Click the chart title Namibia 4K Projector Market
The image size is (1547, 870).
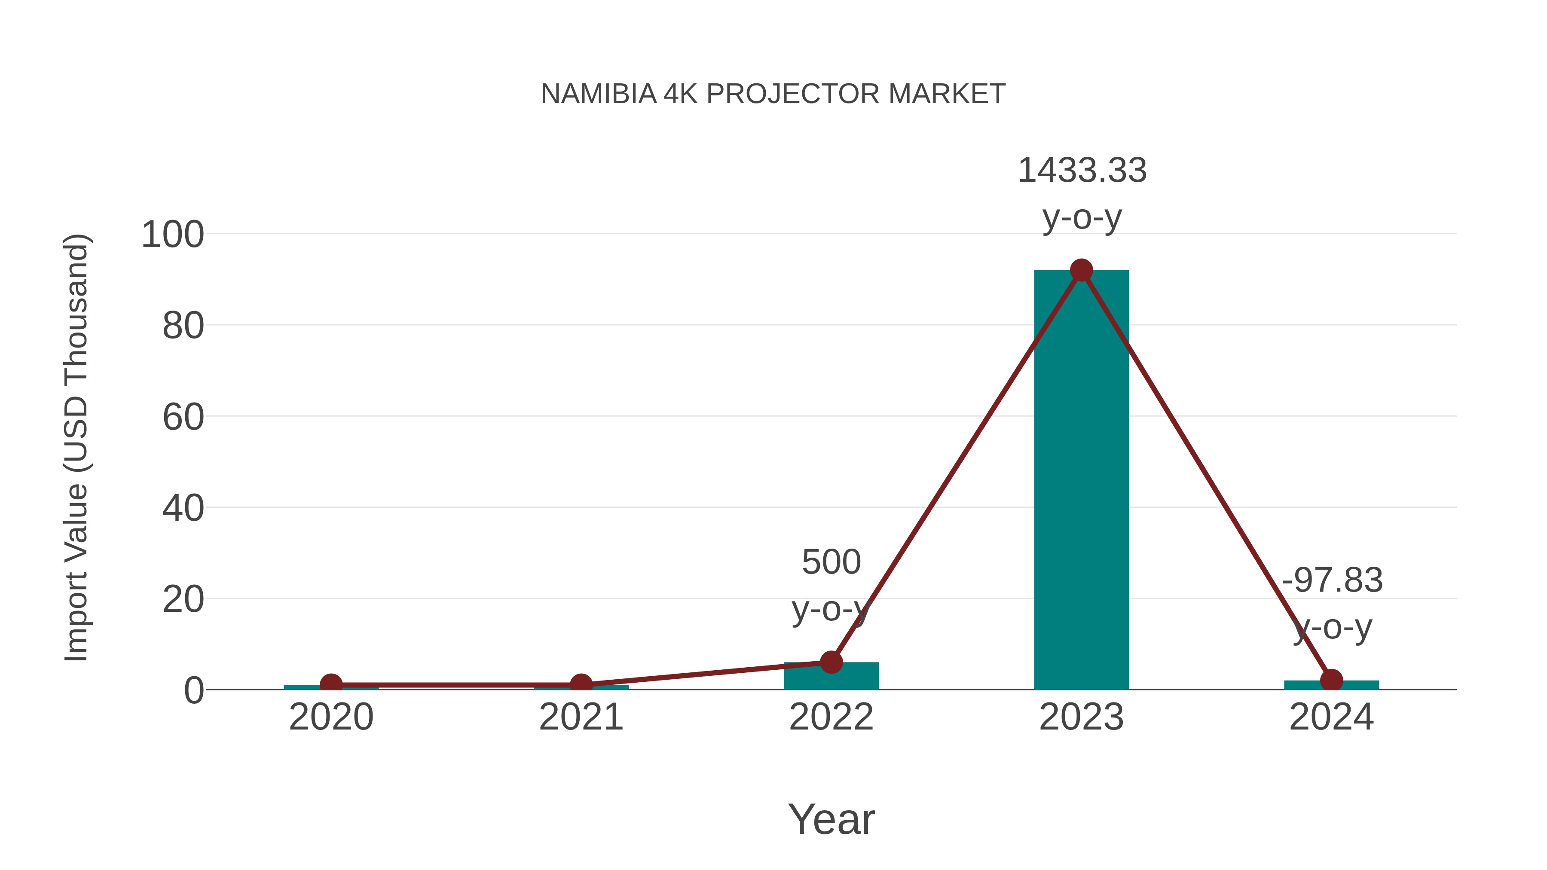tap(773, 94)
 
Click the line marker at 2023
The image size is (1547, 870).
tap(1081, 271)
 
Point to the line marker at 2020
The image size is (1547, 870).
tap(331, 684)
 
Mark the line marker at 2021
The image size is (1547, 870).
tap(581, 684)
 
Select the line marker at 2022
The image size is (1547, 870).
tap(831, 662)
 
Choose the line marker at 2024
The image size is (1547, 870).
tap(1331, 680)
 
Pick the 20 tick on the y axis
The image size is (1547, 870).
tap(183, 599)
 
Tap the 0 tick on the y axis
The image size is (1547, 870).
tap(194, 690)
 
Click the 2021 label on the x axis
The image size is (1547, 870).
tap(581, 717)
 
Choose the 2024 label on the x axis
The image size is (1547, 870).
tap(1331, 717)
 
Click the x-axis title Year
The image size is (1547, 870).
tap(831, 820)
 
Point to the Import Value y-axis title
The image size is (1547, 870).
tap(76, 447)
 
